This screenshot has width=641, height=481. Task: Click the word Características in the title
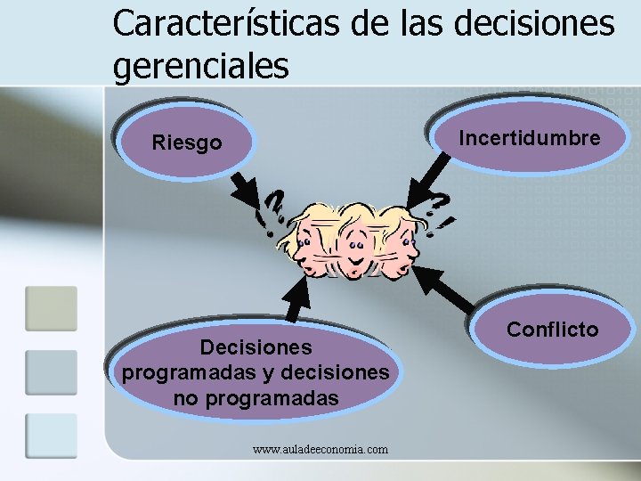224,24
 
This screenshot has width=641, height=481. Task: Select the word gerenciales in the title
201,66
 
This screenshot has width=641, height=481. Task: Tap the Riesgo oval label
187,143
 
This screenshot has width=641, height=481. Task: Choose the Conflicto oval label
552,330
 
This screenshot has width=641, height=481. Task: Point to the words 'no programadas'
256,398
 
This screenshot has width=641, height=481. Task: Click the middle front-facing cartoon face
355,240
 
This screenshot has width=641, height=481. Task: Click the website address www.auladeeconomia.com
320,450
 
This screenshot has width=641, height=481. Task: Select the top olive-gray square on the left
51,308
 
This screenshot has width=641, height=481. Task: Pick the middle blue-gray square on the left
51,371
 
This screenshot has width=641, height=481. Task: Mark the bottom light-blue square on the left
51,435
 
